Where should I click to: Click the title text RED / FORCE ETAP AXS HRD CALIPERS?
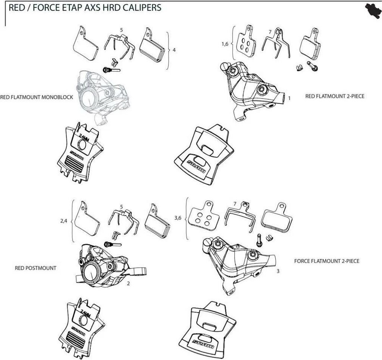click(x=85, y=7)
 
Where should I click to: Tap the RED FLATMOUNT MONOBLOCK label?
click(x=37, y=97)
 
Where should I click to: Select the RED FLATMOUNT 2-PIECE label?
click(x=335, y=96)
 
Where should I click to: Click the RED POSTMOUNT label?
click(x=35, y=268)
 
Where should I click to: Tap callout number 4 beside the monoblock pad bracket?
click(x=174, y=50)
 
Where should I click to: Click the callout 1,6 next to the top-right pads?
click(x=225, y=44)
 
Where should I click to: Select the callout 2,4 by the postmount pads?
click(x=64, y=221)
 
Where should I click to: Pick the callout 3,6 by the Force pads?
click(x=178, y=218)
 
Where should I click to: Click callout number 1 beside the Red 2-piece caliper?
click(x=289, y=98)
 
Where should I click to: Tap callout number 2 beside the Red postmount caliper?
click(x=128, y=283)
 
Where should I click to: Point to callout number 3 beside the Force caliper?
click(x=278, y=271)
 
